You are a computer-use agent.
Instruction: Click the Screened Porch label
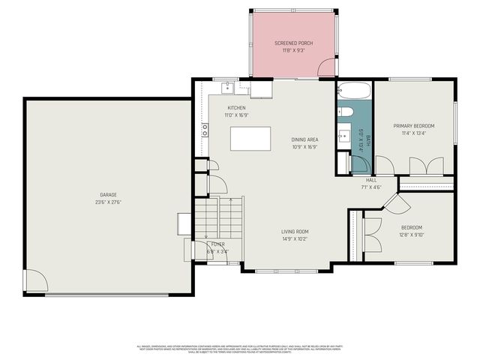coord(293,43)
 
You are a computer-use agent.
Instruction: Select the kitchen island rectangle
coord(250,139)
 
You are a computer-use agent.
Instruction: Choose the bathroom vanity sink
coord(343,136)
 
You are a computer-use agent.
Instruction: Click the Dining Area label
coord(305,139)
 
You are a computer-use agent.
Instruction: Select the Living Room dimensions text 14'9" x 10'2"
coord(295,239)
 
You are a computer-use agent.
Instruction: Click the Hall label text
coord(371,181)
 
